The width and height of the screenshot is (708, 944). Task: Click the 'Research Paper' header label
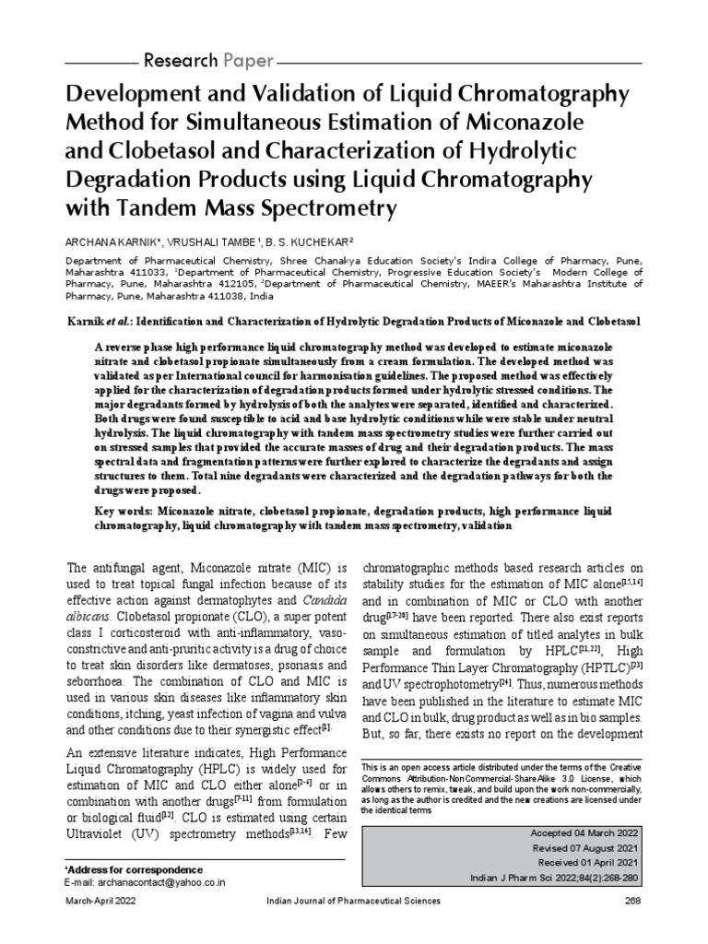(x=207, y=62)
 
